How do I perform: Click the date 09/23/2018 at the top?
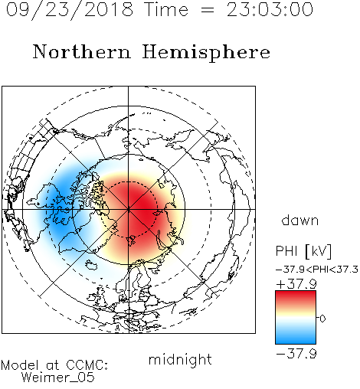70,10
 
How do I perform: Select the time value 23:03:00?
270,10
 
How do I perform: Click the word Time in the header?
166,10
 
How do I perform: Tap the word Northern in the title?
82,51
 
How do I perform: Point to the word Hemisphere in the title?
206,53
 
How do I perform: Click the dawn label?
300,220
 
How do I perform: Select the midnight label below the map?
180,360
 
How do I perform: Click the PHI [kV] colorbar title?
303,251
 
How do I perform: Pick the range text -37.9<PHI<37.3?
317,270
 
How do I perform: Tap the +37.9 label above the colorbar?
296,284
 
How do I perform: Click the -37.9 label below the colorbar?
296,354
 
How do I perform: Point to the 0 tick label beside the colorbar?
322,319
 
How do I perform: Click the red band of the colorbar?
296,297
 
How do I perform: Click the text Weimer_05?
58,377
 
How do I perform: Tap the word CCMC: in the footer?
87,365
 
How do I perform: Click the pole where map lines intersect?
128,209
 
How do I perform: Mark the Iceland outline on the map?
91,265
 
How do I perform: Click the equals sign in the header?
208,10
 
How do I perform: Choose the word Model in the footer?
20,365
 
